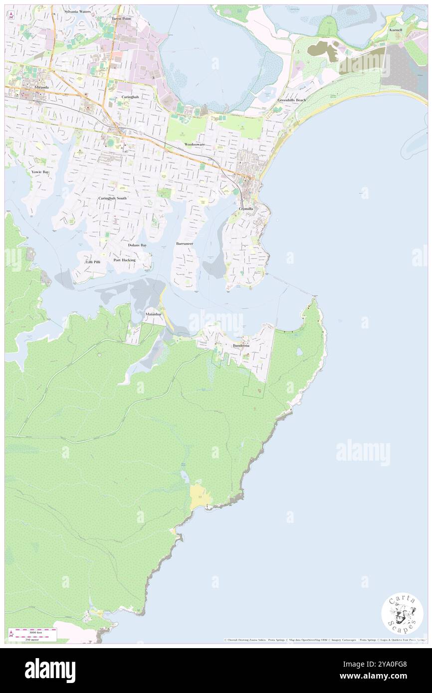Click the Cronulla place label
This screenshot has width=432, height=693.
(246, 208)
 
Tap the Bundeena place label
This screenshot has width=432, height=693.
(241, 345)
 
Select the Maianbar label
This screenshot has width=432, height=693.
(153, 315)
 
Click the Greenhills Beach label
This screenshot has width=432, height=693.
(292, 100)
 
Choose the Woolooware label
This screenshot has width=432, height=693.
(195, 144)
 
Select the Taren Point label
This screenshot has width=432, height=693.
(121, 18)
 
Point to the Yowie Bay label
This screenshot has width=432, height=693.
(40, 172)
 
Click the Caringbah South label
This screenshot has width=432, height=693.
(112, 198)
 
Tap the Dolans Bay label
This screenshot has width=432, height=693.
(137, 245)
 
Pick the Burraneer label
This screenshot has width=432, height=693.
(185, 243)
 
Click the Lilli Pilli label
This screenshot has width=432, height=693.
(93, 262)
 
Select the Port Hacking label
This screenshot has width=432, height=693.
(124, 260)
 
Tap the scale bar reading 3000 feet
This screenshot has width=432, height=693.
(32, 632)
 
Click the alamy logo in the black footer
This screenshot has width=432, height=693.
(50, 671)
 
